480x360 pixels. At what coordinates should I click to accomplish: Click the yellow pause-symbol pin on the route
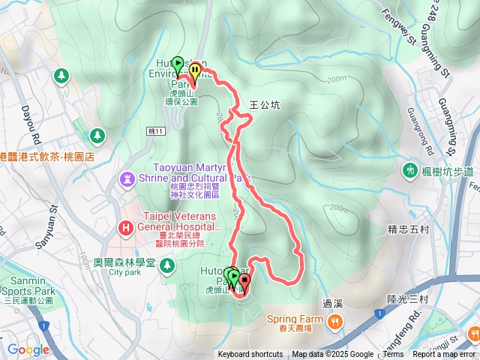tap(195, 73)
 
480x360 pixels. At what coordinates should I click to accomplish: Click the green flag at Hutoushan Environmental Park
tap(178, 65)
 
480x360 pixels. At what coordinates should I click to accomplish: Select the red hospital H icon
tap(125, 227)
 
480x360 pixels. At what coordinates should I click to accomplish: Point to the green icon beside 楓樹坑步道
tap(410, 171)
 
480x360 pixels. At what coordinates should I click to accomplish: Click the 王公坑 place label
tap(264, 106)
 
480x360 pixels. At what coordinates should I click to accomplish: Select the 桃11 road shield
tap(157, 130)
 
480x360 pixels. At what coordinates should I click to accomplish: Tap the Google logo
tap(28, 349)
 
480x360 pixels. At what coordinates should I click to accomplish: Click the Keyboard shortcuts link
tap(250, 355)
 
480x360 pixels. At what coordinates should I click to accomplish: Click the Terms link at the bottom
tap(393, 355)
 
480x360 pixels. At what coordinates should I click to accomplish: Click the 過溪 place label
tap(332, 304)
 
